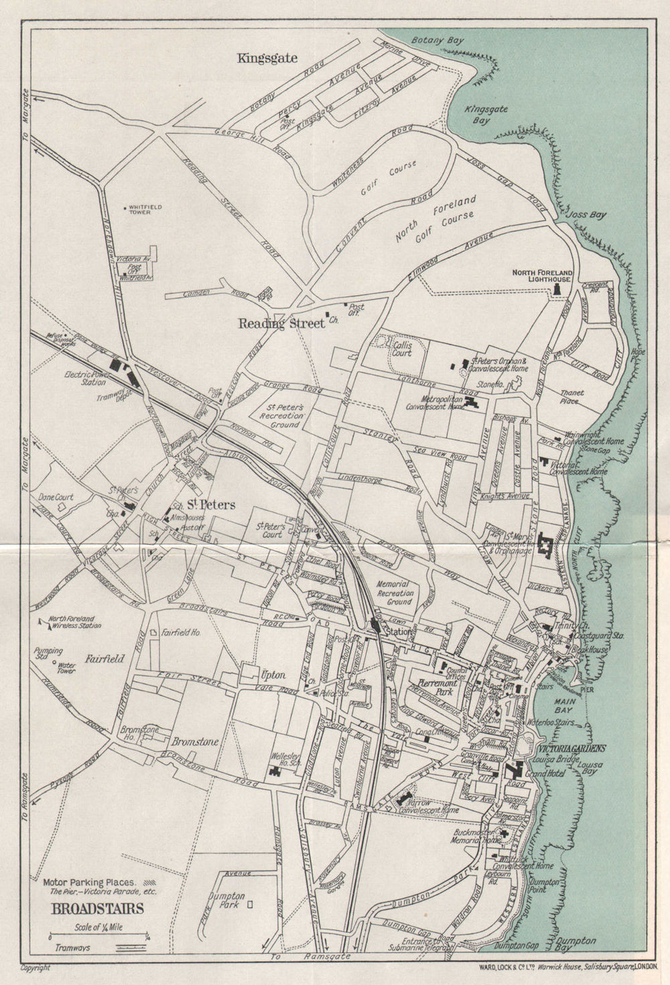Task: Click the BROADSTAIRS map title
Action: [x=96, y=909]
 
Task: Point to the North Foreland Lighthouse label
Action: [x=542, y=276]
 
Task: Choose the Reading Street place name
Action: [x=281, y=324]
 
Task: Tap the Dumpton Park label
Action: [x=226, y=901]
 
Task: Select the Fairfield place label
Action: [x=105, y=659]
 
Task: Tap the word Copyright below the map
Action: [x=36, y=968]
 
